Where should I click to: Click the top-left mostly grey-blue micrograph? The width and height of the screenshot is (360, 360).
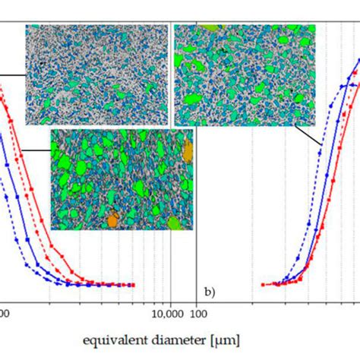(96, 73)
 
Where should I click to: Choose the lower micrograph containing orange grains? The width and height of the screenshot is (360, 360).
(122, 178)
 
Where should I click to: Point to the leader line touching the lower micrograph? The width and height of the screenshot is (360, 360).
(36, 151)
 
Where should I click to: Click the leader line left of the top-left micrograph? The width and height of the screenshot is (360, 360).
(11, 74)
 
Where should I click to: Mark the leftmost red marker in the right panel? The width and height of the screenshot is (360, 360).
(263, 285)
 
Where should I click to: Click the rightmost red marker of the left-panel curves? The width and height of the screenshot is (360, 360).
(134, 285)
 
